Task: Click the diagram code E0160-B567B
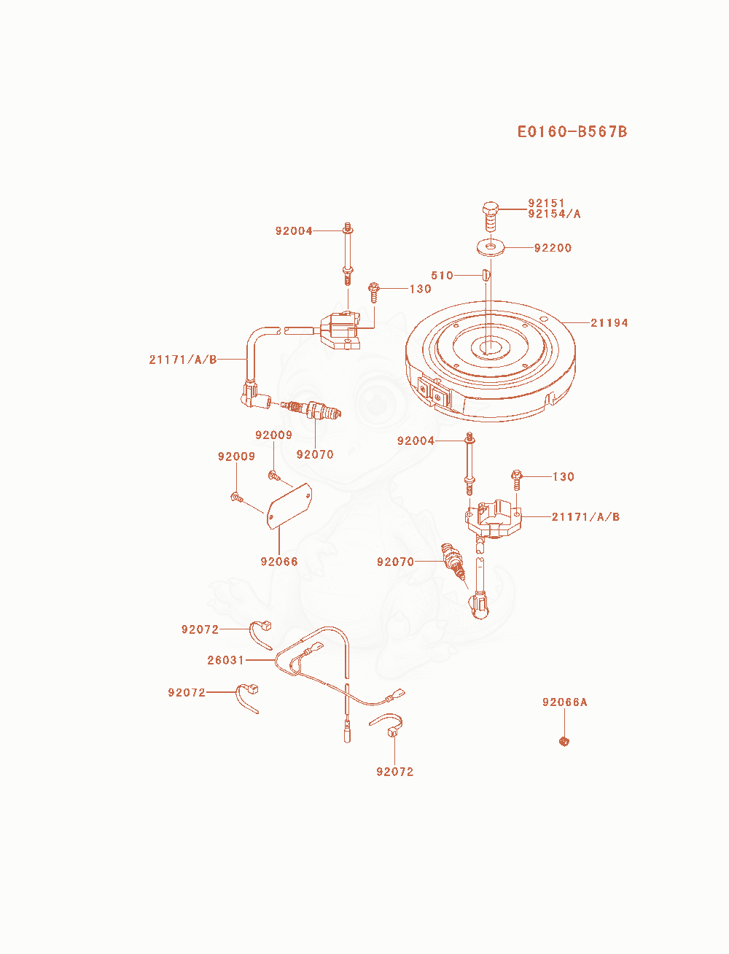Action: click(572, 131)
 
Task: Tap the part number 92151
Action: click(546, 203)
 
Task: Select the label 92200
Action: click(553, 248)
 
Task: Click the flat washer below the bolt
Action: click(491, 247)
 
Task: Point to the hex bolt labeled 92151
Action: click(491, 217)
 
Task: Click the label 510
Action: click(442, 275)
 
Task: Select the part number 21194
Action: click(609, 322)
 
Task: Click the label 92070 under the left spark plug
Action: click(315, 454)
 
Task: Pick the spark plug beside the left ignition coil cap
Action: click(311, 409)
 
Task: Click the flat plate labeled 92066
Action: click(289, 506)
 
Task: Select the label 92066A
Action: click(564, 702)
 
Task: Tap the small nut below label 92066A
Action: click(564, 741)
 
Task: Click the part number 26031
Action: click(225, 660)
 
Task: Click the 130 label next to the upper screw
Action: click(420, 289)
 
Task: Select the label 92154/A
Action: click(554, 214)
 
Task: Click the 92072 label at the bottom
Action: click(394, 772)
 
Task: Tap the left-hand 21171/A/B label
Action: click(183, 360)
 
